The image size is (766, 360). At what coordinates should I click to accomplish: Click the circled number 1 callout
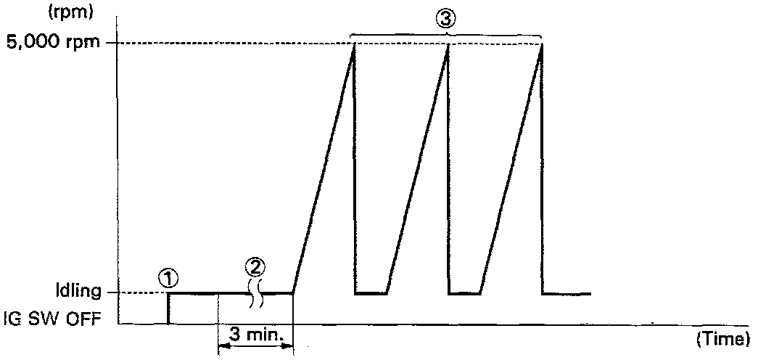click(x=168, y=277)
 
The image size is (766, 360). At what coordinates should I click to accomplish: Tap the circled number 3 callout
click(x=446, y=19)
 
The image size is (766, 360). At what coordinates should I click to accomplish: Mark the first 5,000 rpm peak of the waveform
click(x=353, y=44)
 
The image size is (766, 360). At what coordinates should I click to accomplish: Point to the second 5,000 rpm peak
click(x=448, y=44)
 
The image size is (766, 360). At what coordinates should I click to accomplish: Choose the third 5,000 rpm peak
click(x=542, y=44)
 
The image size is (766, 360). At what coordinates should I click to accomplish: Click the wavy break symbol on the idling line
click(x=255, y=292)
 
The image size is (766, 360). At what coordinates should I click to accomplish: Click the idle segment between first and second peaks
click(x=371, y=293)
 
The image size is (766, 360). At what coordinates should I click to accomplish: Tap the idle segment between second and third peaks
click(x=465, y=293)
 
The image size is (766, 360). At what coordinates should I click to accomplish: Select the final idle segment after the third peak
click(x=567, y=293)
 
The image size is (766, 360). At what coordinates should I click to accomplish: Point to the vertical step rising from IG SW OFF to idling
click(x=168, y=308)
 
